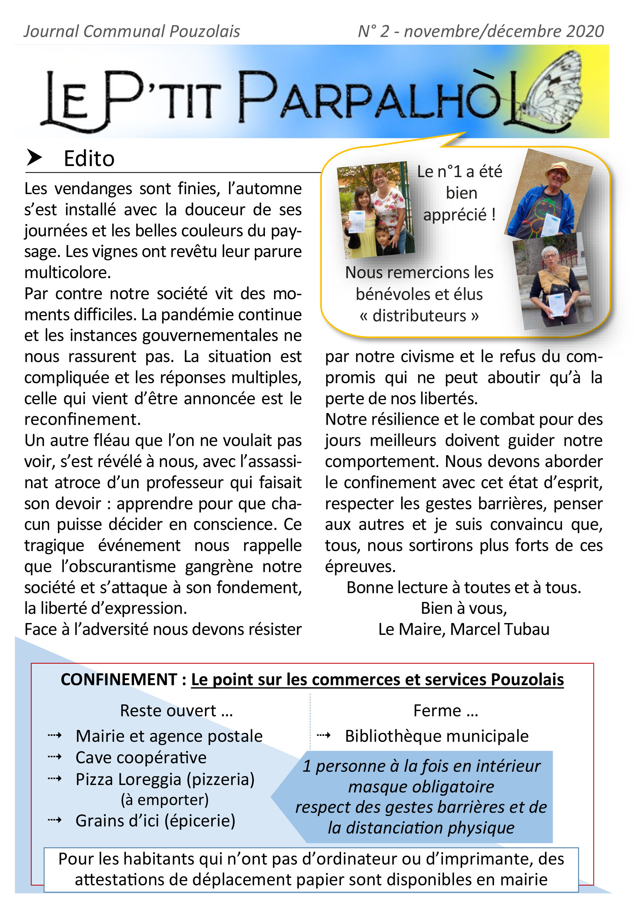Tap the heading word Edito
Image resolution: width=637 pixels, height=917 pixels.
coord(89,159)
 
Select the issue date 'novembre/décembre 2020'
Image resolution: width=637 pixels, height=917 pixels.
coord(504,31)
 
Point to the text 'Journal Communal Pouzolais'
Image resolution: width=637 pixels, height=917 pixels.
coord(132,31)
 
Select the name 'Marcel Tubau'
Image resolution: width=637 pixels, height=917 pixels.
coord(500,629)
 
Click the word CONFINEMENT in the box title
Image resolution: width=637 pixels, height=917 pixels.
coord(119,679)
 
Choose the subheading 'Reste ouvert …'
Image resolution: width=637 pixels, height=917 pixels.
coord(176,711)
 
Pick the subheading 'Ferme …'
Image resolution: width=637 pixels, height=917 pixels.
coord(446,711)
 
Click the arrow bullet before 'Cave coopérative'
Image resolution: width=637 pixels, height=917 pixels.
coord(55,757)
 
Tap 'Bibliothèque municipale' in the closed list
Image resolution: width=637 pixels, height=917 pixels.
coord(437,736)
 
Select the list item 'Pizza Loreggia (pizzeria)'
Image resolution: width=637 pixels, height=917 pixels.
coord(165,779)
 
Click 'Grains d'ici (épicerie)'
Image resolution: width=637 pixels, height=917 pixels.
coord(155,821)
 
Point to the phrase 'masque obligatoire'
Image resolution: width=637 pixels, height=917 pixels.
coord(421,787)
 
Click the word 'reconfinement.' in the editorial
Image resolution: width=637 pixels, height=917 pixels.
coord(83,419)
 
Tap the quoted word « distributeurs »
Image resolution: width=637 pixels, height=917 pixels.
coord(419,316)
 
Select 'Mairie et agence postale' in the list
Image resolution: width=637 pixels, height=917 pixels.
coord(169,736)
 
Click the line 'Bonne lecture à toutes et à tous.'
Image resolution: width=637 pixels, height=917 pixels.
coord(463,588)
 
